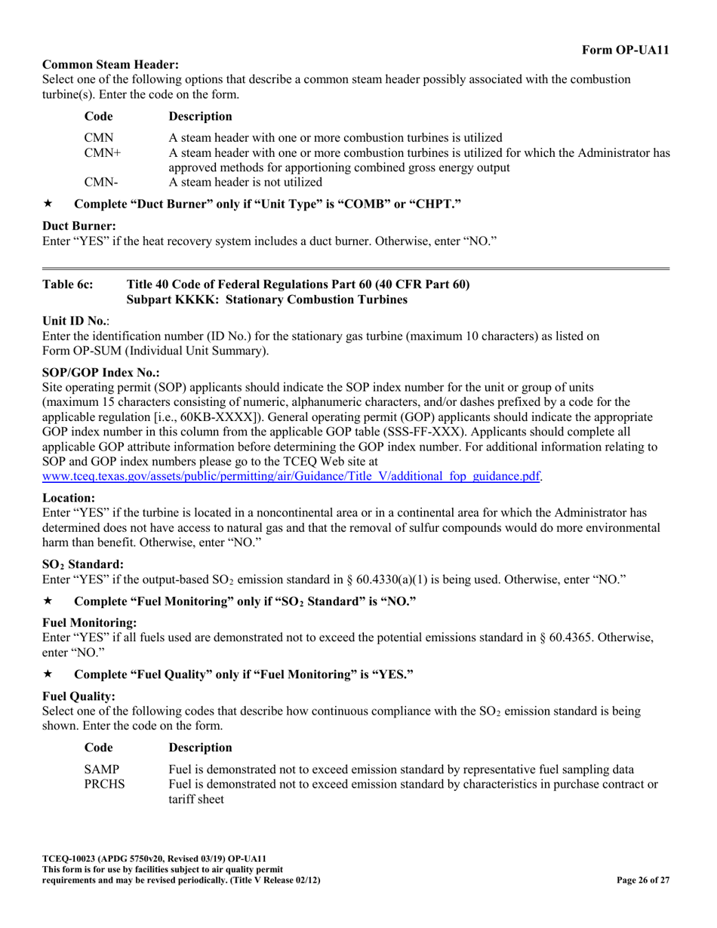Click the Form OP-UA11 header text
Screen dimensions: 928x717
[x=625, y=50]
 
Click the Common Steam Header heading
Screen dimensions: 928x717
[x=110, y=65]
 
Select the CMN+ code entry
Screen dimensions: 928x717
[x=103, y=153]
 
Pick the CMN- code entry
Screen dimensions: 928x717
[x=100, y=182]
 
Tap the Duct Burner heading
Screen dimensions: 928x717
[x=79, y=226]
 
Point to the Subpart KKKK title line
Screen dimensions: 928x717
[x=267, y=300]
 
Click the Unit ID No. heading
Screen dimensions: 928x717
[x=75, y=321]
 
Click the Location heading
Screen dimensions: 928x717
[x=69, y=498]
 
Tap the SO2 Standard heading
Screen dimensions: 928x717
[x=83, y=564]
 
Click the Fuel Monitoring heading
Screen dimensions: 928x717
[x=90, y=622]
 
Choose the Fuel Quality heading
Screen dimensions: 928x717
[x=79, y=696]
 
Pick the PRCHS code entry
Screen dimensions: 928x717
[x=104, y=784]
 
